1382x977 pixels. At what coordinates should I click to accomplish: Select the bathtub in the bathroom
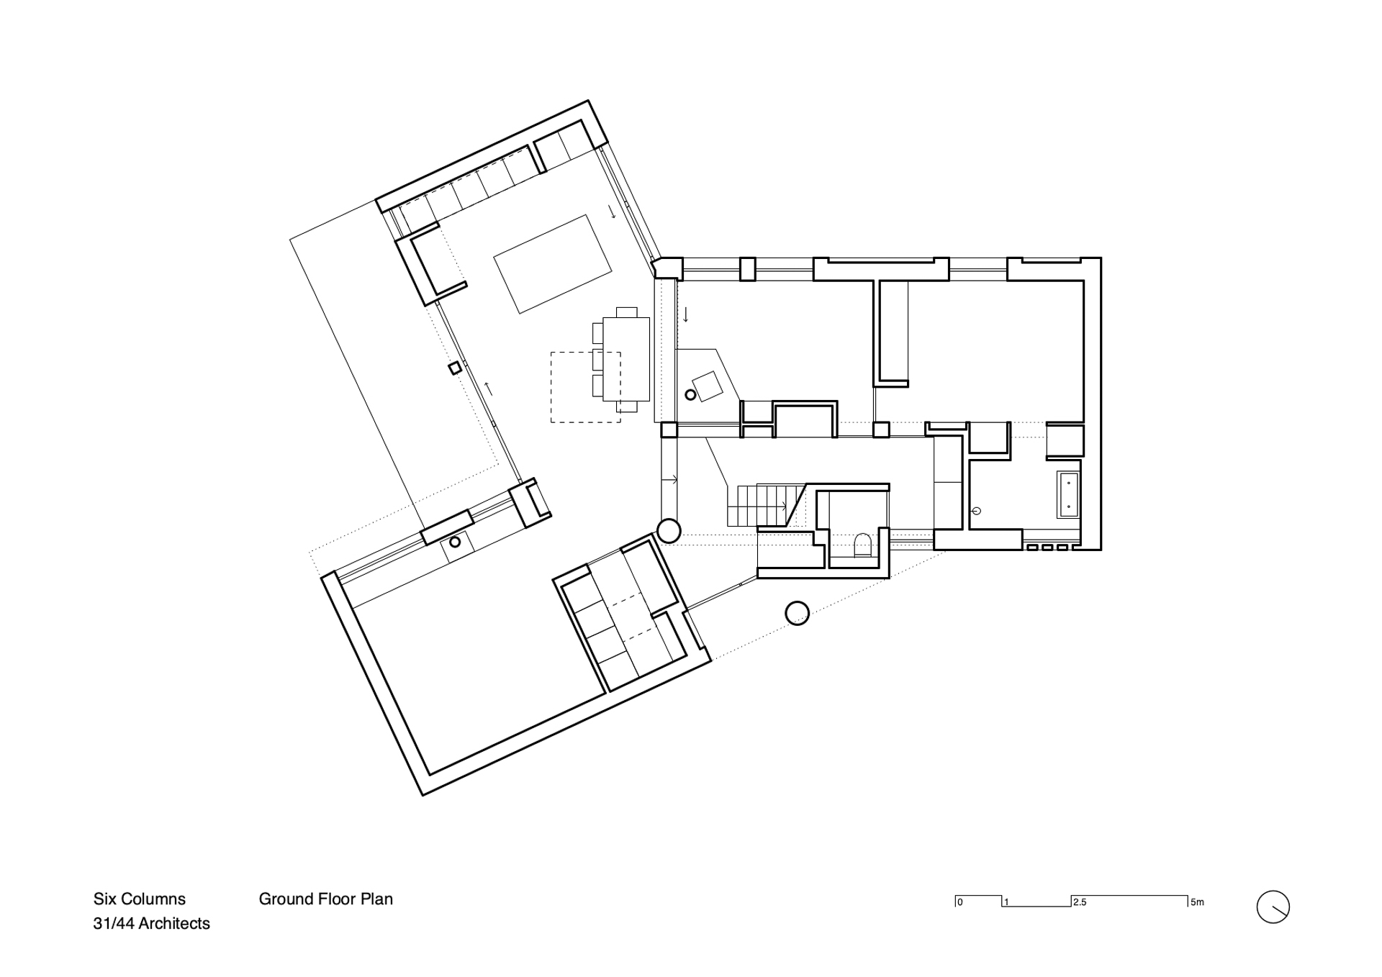point(1067,494)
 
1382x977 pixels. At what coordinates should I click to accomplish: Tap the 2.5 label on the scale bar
point(1079,902)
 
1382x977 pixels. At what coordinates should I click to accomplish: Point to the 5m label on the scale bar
point(1197,902)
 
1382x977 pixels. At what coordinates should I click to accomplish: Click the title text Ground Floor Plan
point(325,899)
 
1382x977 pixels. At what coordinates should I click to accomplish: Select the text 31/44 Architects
point(151,924)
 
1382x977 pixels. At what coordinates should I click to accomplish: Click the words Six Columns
point(139,899)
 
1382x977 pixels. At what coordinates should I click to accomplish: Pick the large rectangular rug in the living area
point(553,264)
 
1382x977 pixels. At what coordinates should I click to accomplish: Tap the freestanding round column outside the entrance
point(796,613)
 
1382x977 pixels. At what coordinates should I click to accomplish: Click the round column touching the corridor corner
point(669,531)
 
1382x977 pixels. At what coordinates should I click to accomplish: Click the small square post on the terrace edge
point(455,368)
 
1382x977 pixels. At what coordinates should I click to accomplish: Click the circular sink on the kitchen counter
point(455,542)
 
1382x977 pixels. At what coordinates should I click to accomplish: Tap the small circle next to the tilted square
point(690,395)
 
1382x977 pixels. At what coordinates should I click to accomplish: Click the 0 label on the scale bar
point(960,902)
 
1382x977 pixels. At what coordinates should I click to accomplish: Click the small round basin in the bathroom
point(977,511)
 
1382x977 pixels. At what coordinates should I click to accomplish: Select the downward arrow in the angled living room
point(612,212)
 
